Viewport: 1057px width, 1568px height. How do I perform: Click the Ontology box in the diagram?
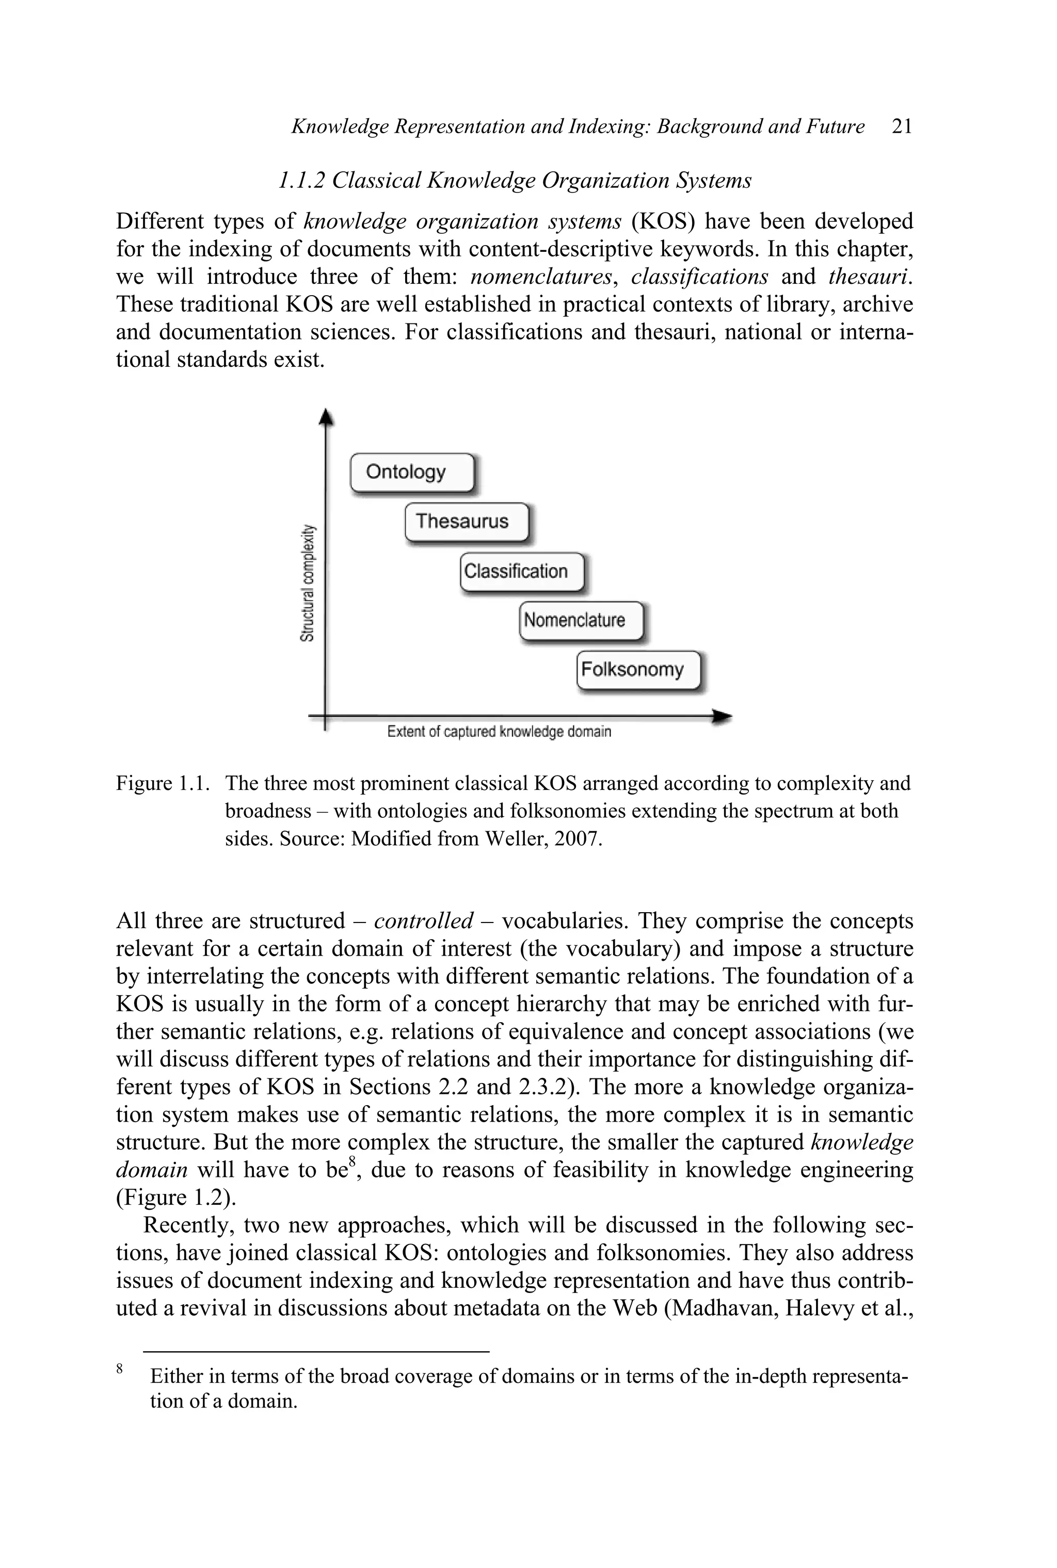point(412,472)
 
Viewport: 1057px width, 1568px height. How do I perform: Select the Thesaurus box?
point(466,522)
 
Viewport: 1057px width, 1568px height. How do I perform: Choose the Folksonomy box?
point(638,670)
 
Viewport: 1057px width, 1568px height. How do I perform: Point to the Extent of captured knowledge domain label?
point(499,732)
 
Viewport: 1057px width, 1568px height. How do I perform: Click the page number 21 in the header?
point(901,127)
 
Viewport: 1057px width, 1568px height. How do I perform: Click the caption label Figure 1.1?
point(162,784)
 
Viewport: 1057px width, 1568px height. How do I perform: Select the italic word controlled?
point(423,921)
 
